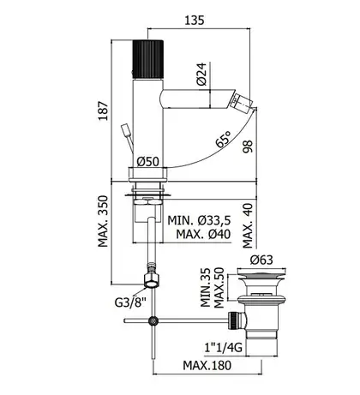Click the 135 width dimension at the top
pyautogui.click(x=195, y=21)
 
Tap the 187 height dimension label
pyautogui.click(x=104, y=111)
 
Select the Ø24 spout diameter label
pyautogui.click(x=201, y=74)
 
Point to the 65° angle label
pyautogui.click(x=223, y=140)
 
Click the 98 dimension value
pyautogui.click(x=248, y=147)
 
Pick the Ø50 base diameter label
pyautogui.click(x=147, y=162)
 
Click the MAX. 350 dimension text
pyautogui.click(x=103, y=221)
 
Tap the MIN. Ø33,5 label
pyautogui.click(x=199, y=220)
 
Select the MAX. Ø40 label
pyautogui.click(x=203, y=235)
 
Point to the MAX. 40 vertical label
pyautogui.click(x=248, y=225)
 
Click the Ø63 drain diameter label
pyautogui.click(x=261, y=260)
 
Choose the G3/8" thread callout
pyautogui.click(x=130, y=302)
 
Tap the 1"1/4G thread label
pyautogui.click(x=224, y=347)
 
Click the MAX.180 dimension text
pyautogui.click(x=207, y=365)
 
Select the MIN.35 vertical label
pyautogui.click(x=206, y=288)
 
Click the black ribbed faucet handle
pyautogui.click(x=148, y=59)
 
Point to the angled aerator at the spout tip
pyautogui.click(x=241, y=102)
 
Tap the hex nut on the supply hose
pyautogui.click(x=151, y=280)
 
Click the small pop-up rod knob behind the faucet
pyautogui.click(x=126, y=129)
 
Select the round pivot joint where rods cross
pyautogui.click(x=153, y=320)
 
